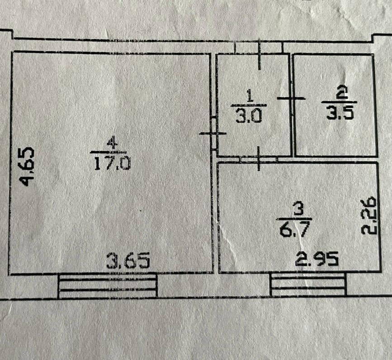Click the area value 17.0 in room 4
pos(112,162)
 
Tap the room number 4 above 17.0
pos(111,143)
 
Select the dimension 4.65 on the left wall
pos(28,166)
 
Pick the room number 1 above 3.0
pos(249,96)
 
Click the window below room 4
pos(108,286)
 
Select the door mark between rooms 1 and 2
pos(291,98)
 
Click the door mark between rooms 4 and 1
pos(213,133)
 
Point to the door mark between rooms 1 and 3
pos(259,158)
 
